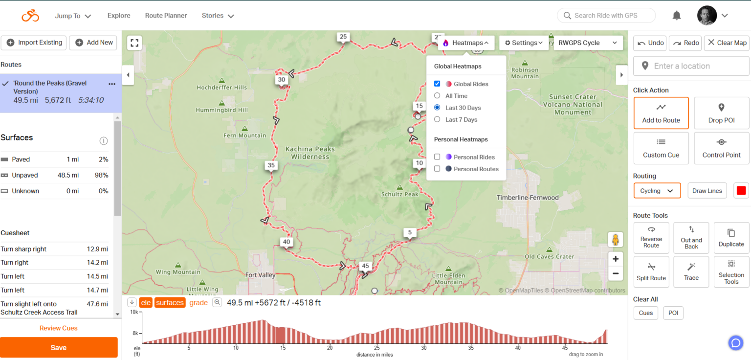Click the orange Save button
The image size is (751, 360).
[59, 347]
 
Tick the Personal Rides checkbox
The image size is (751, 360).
[437, 157]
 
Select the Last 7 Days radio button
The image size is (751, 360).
[437, 119]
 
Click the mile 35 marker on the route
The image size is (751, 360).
[271, 165]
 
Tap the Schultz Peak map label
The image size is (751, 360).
[399, 194]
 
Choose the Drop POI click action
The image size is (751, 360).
[721, 113]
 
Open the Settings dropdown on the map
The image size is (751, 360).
[524, 43]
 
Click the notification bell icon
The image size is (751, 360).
[677, 16]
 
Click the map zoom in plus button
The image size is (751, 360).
[616, 259]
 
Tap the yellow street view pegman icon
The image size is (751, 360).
[616, 240]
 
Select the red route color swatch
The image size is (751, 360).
[741, 191]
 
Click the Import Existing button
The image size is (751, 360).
[34, 43]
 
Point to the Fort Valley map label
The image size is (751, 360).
[260, 275]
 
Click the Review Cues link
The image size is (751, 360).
[59, 328]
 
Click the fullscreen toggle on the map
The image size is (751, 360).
[134, 43]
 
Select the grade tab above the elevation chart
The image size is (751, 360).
[199, 303]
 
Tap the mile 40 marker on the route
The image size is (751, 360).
[287, 242]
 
